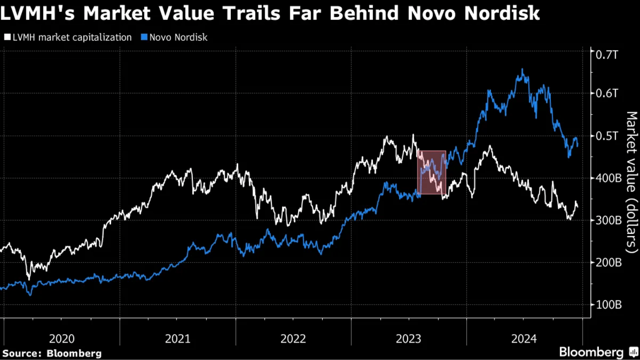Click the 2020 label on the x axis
tap(62, 339)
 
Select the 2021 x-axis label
tap(177, 339)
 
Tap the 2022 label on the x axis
tap(293, 339)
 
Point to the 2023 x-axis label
tap(409, 339)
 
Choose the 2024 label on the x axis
tap(524, 339)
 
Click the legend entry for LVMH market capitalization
tap(69, 38)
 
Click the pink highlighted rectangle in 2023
tap(432, 172)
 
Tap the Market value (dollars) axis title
tap(631, 182)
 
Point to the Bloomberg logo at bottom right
tap(597, 352)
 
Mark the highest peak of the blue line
tap(522, 70)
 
